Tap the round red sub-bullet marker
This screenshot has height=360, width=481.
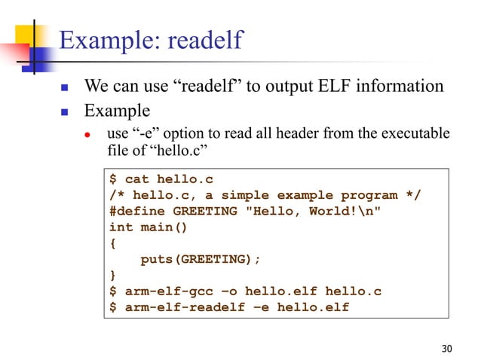(87, 136)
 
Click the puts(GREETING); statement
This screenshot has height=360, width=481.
(201, 259)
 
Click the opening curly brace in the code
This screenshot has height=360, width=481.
(113, 243)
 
